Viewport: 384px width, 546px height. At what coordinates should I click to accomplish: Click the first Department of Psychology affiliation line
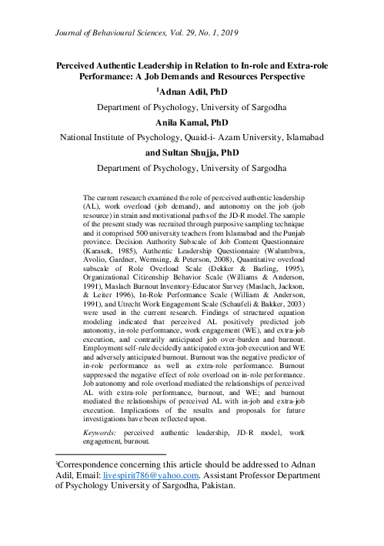pyautogui.click(x=192, y=108)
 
